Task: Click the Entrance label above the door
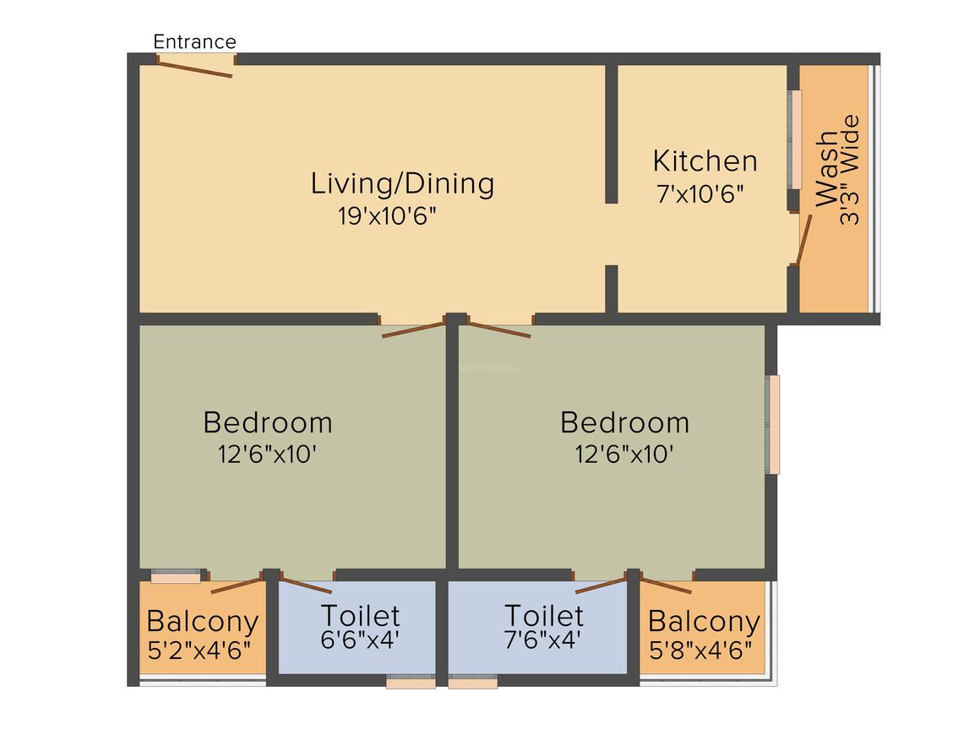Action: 194,41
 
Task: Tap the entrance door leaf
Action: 195,68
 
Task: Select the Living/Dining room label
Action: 402,182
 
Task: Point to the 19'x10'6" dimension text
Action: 387,216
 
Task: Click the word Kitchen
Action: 705,161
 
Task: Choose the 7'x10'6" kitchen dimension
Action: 700,194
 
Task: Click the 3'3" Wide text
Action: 849,169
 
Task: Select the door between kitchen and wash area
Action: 803,240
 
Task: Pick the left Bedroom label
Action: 268,422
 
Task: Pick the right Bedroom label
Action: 624,422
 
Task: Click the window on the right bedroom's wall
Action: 773,424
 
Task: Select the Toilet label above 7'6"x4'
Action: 543,614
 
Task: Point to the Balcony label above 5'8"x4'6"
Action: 704,622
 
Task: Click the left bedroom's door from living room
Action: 413,329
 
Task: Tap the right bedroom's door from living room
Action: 499,329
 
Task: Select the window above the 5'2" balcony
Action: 176,577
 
